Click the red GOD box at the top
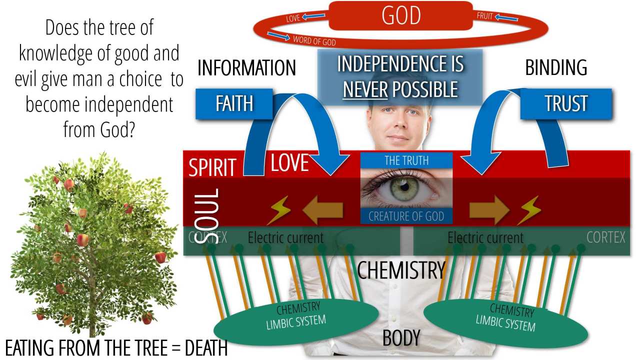(400, 15)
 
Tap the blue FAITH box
(234, 104)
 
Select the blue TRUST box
(566, 104)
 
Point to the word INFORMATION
(246, 68)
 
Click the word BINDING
(555, 68)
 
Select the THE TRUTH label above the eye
(406, 160)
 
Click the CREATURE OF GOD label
(406, 216)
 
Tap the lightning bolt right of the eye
(528, 210)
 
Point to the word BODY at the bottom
(400, 338)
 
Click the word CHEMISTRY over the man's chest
(400, 270)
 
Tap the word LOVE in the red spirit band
(289, 163)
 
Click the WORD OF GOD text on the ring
(314, 41)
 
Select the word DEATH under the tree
(206, 348)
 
